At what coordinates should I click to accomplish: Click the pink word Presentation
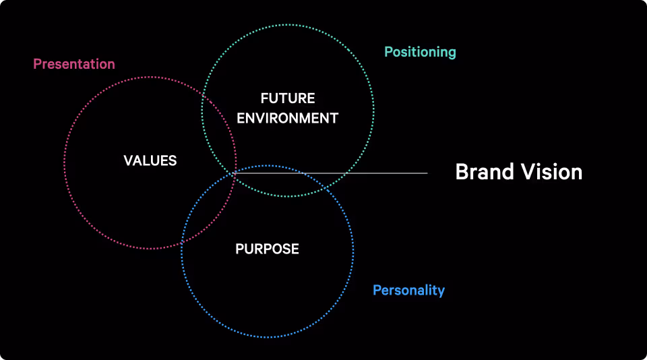tap(74, 64)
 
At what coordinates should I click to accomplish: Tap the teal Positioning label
tap(420, 52)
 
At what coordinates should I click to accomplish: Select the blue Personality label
tap(408, 291)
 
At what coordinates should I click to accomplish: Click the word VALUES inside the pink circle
tap(150, 160)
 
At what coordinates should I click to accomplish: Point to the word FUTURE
tap(288, 99)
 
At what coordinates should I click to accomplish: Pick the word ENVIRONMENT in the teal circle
tap(288, 118)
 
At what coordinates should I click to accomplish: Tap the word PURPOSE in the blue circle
tap(267, 249)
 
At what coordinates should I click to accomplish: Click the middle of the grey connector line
tap(330, 173)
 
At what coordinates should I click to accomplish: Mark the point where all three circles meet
tap(234, 172)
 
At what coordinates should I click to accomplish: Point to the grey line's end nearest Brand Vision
tap(427, 173)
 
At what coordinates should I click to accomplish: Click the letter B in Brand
tap(462, 172)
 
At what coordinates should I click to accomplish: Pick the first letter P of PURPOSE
tap(239, 249)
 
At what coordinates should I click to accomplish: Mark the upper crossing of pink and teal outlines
tap(204, 100)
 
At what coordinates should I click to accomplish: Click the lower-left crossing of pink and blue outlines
tap(182, 242)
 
